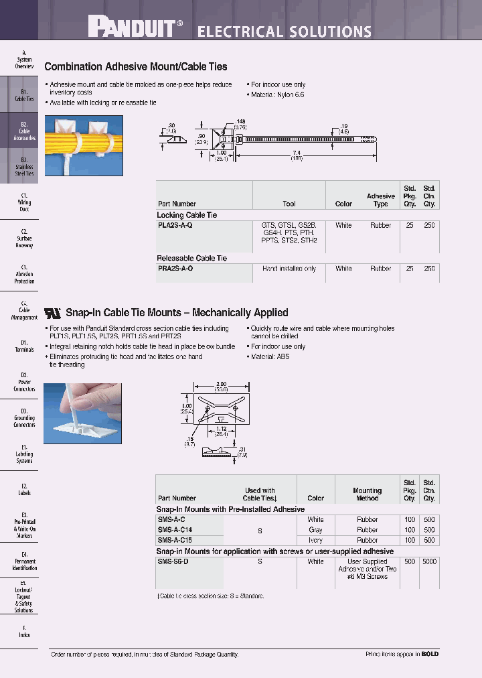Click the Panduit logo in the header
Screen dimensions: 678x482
[135, 27]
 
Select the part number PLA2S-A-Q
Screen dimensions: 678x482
[175, 226]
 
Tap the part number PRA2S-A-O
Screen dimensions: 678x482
[175, 268]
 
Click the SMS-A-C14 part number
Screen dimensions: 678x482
[175, 530]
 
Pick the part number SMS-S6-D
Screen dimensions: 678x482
[173, 561]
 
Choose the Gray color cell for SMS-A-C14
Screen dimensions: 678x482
[315, 530]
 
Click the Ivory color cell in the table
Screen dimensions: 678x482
[315, 540]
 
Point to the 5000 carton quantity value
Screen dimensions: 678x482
[429, 561]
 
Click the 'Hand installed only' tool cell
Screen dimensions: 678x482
[289, 268]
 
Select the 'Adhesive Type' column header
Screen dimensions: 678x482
[380, 200]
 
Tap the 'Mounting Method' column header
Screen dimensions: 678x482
[367, 494]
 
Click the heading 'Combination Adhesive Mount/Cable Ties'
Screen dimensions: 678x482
[135, 67]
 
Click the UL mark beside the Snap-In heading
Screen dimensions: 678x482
[52, 312]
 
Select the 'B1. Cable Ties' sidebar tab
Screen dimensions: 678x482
[24, 95]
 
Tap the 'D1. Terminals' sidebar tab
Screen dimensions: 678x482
[24, 346]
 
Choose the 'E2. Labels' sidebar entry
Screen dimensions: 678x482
[24, 489]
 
